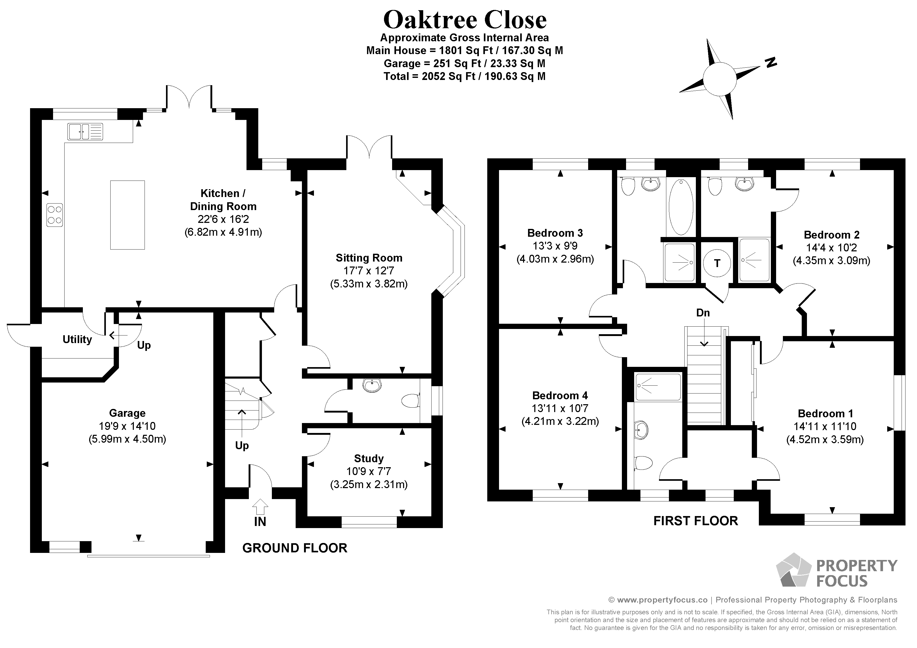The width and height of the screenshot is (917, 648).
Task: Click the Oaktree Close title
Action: [465, 20]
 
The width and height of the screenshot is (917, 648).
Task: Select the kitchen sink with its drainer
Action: [85, 132]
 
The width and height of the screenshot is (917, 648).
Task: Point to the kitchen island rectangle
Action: [127, 215]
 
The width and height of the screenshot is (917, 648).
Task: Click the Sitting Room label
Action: [369, 258]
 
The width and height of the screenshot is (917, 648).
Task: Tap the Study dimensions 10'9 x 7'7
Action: [368, 472]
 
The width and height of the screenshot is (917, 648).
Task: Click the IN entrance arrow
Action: [260, 507]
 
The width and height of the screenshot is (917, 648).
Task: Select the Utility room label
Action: [77, 339]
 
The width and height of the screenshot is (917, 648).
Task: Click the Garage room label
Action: [127, 413]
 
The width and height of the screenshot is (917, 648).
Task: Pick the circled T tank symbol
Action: [717, 263]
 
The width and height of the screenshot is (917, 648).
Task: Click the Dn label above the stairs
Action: [703, 313]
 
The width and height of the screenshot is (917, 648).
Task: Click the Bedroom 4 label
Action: [560, 396]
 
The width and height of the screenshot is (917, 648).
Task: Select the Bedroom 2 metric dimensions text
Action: [831, 261]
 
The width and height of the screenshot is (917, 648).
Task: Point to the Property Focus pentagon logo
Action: [793, 571]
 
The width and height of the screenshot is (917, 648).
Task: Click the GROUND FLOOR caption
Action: [295, 548]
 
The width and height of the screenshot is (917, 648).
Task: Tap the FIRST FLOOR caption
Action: [695, 521]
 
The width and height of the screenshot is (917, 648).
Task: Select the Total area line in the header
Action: [465, 76]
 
